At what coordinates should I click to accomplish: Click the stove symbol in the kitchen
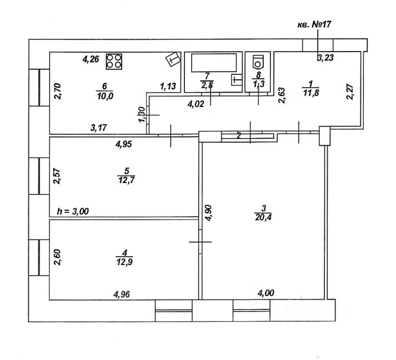(x=114, y=61)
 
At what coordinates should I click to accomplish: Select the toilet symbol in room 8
(x=257, y=60)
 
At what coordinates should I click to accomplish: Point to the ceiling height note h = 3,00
(x=73, y=211)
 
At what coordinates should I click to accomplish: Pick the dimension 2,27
(x=350, y=90)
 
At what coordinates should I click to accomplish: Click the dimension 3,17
(x=99, y=128)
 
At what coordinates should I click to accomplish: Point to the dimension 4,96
(x=123, y=295)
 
